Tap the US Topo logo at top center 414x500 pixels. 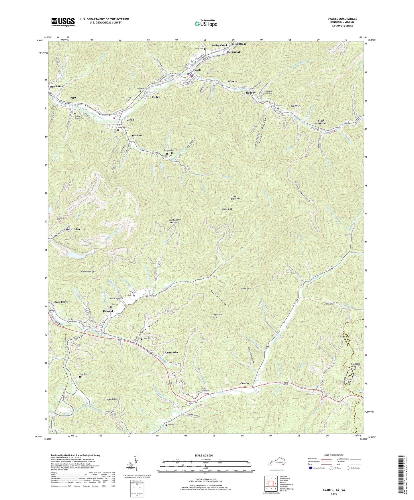click(x=205, y=23)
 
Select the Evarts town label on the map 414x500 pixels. click(x=197, y=70)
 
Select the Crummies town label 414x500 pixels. click(x=172, y=353)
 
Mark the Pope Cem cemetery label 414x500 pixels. click(x=85, y=374)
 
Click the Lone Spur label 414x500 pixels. click(x=246, y=289)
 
